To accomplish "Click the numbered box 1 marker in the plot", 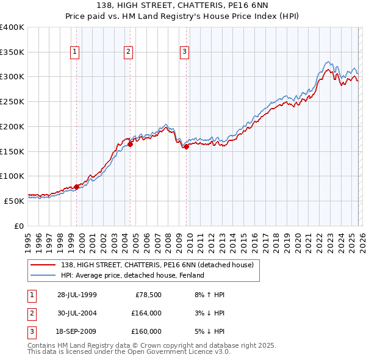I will pos(74,52).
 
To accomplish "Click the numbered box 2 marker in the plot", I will pos(129,52).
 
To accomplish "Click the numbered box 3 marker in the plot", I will pos(184,52).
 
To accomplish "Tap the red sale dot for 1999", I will pos(77,187).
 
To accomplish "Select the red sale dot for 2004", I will pos(131,145).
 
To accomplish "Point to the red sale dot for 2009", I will pos(186,146).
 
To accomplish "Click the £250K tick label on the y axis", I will pos(12,102).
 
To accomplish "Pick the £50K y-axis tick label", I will pos(14,201).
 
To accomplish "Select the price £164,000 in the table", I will pos(146,313).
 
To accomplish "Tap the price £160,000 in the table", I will pos(146,331).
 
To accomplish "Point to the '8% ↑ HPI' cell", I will pos(208,295).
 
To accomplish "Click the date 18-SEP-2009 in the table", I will pos(77,331).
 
